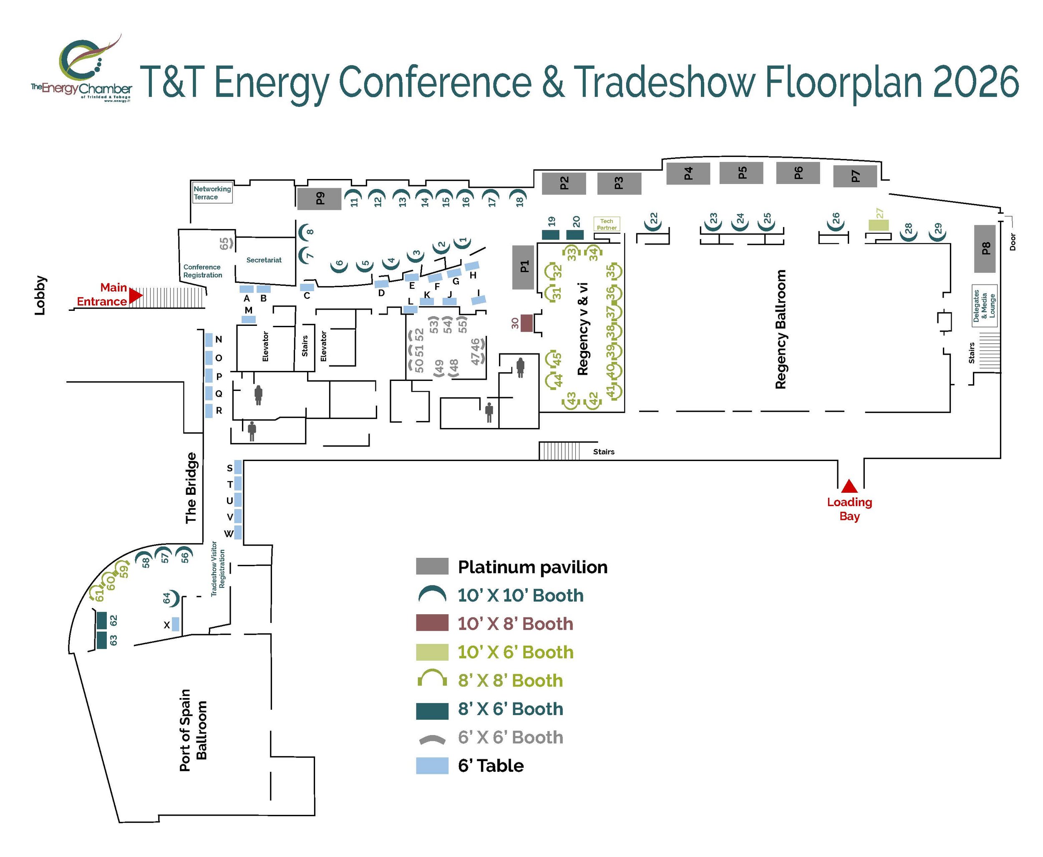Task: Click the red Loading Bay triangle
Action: [849, 487]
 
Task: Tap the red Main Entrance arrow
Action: [135, 296]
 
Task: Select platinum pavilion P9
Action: [319, 199]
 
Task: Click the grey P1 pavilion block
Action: [523, 267]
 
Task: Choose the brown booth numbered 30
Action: [527, 323]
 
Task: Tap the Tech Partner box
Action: [607, 224]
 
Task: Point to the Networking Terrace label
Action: [212, 193]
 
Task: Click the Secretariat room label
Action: [264, 260]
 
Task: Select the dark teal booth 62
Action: [102, 620]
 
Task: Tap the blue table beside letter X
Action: [175, 625]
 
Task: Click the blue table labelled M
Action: [249, 320]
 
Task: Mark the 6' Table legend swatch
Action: [432, 766]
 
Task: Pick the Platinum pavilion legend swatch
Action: [432, 567]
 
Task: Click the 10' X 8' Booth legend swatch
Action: [432, 623]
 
